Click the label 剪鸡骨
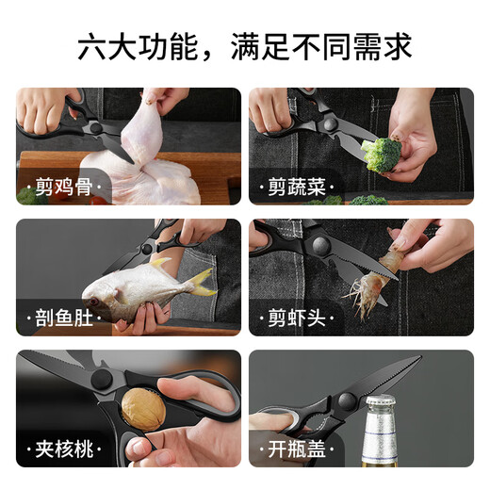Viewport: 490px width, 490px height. (x=64, y=187)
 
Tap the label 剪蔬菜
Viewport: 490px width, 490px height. (x=297, y=187)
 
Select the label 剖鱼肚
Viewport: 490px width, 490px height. (x=64, y=318)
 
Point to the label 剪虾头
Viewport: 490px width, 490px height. (x=297, y=318)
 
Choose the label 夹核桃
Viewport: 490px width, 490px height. (x=64, y=449)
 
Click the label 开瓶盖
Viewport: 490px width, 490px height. (x=297, y=449)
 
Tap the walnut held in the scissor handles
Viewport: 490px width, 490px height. (x=143, y=409)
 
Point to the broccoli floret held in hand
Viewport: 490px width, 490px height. (x=381, y=155)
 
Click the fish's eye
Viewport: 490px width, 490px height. (x=93, y=302)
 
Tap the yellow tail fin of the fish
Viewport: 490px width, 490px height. (x=202, y=282)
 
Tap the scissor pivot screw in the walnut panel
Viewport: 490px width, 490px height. (x=102, y=379)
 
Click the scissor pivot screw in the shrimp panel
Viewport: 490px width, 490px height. (x=321, y=246)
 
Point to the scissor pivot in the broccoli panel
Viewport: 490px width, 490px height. (x=331, y=124)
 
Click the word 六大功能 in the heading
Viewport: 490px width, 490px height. (x=138, y=47)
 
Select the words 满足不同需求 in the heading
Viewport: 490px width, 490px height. (x=321, y=47)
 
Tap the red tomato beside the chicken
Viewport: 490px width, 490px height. (x=98, y=201)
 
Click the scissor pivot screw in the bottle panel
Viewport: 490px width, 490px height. (x=347, y=400)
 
